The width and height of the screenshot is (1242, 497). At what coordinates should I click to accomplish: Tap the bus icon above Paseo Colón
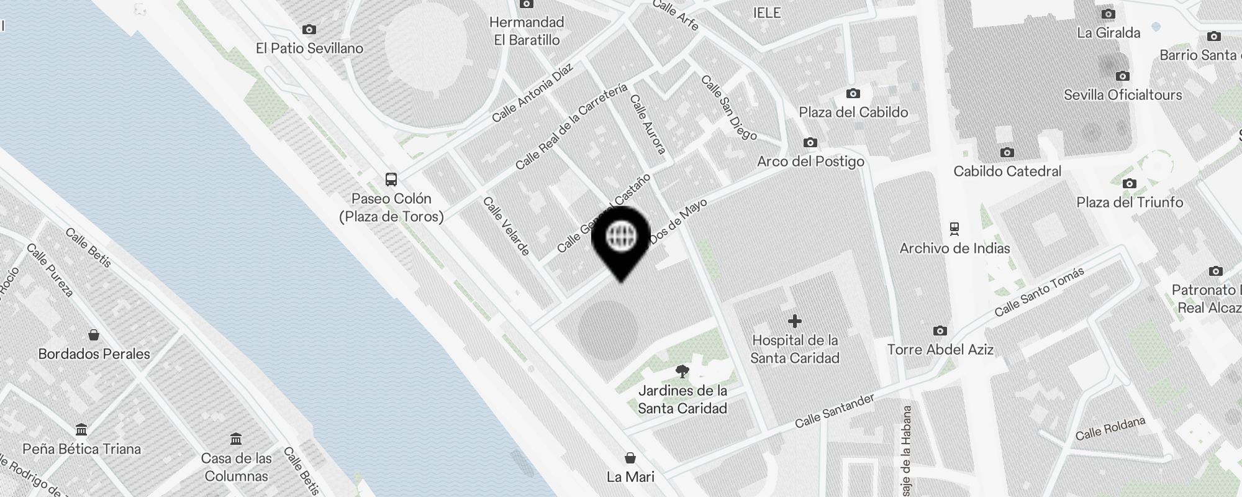(x=391, y=180)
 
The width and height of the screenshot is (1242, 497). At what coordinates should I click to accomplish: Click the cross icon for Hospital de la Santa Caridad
(x=794, y=321)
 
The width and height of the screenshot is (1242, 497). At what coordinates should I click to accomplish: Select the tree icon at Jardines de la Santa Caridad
(x=682, y=372)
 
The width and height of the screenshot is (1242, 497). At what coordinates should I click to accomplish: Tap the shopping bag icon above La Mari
(x=630, y=458)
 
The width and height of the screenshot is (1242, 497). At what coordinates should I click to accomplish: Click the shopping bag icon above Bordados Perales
(x=94, y=335)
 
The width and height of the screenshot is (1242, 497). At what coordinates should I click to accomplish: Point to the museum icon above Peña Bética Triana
(x=81, y=430)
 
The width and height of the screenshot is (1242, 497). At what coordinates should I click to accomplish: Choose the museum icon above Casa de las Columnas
(x=236, y=439)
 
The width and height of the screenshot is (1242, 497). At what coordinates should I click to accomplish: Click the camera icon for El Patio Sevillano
(x=309, y=29)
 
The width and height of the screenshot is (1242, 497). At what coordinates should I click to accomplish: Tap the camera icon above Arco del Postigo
(x=810, y=143)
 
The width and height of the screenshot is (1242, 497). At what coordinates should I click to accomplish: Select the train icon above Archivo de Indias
(x=954, y=229)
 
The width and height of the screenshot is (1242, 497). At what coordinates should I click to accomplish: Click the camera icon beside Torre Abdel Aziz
(x=940, y=331)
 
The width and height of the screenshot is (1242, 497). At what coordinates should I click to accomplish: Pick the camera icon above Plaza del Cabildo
(x=853, y=94)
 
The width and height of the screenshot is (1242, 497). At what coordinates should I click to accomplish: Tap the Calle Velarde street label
(x=507, y=226)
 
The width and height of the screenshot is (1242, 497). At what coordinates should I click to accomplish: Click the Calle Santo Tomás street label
(x=1039, y=291)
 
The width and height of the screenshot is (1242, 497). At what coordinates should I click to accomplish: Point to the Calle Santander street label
(x=835, y=411)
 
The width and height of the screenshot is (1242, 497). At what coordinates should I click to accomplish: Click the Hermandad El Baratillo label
(x=527, y=31)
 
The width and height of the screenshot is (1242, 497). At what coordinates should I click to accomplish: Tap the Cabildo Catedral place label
(x=1007, y=171)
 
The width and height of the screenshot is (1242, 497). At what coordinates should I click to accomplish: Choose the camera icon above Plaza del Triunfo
(x=1130, y=184)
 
